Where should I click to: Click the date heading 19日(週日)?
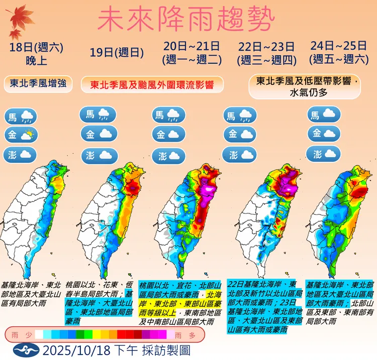click(x=117, y=52)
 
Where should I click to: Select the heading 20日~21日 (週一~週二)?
click(x=192, y=53)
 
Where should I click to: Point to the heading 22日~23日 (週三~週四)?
click(x=266, y=53)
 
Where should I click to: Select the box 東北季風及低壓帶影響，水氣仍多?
click(x=305, y=86)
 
